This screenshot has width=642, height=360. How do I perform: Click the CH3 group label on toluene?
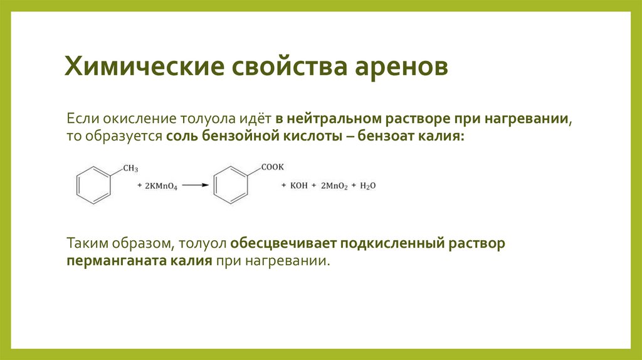click(x=130, y=168)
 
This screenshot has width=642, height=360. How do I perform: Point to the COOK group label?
click(x=273, y=167)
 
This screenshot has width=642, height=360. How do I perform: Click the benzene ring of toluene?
click(x=93, y=185)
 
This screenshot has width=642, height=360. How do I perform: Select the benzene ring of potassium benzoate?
click(x=231, y=185)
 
